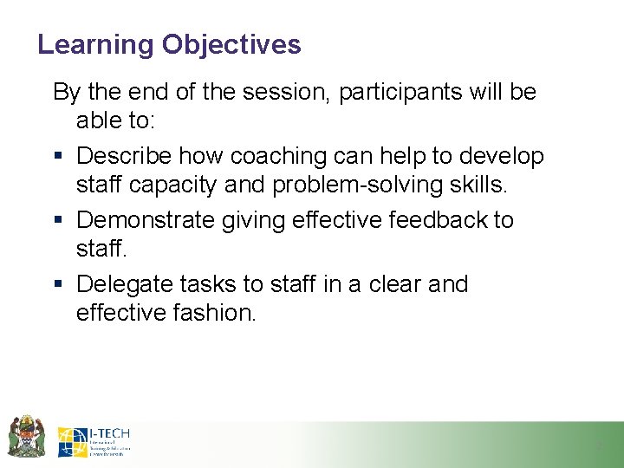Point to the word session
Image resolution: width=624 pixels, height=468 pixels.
(x=285, y=92)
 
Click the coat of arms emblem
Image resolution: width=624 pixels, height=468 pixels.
(x=26, y=436)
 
